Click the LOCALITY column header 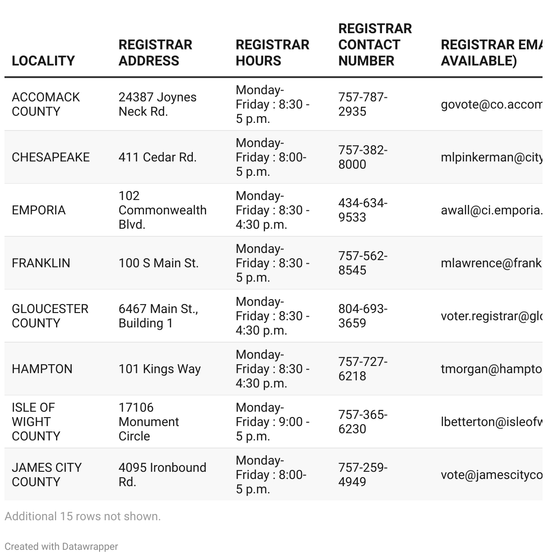[x=43, y=61]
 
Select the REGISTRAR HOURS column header [x=272, y=52]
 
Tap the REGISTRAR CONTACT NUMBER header [x=375, y=44]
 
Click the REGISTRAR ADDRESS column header [x=155, y=52]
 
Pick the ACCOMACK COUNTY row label [x=46, y=104]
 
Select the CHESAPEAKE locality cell [x=51, y=157]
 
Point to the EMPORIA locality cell [x=39, y=210]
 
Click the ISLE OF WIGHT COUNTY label [x=36, y=422]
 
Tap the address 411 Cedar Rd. [x=157, y=157]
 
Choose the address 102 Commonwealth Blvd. [x=162, y=210]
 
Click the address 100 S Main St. [x=158, y=263]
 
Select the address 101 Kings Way [x=160, y=369]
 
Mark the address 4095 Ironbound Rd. [x=162, y=474]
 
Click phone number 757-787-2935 [x=363, y=104]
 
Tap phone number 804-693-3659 [x=363, y=316]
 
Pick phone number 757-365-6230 [x=363, y=422]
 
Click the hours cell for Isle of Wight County [x=272, y=422]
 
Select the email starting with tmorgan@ [x=491, y=369]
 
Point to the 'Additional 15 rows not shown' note [x=82, y=516]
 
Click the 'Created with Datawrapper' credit [x=61, y=546]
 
